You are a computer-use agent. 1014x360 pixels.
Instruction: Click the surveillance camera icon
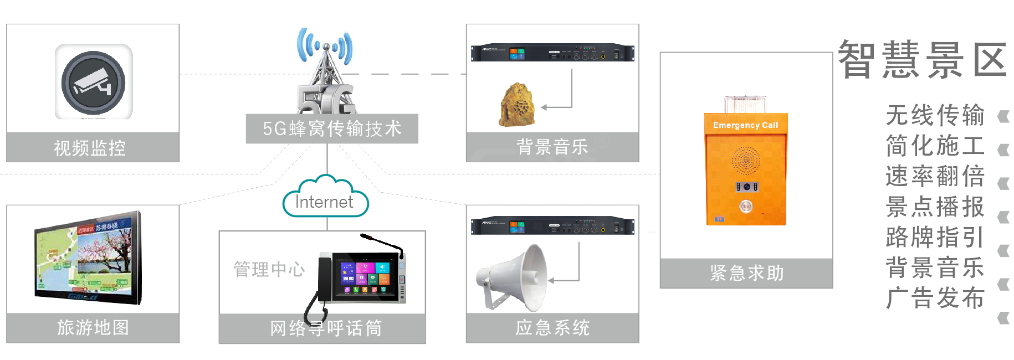(93, 82)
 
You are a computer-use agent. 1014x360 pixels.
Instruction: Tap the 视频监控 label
(90, 148)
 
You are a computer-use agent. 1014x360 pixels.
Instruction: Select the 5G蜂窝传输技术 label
(332, 128)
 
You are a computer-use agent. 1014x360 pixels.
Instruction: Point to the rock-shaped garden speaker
(518, 105)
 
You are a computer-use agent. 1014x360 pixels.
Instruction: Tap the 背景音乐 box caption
(552, 147)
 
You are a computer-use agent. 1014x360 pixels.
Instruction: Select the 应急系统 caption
(552, 328)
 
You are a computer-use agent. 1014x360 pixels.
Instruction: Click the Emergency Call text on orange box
(745, 125)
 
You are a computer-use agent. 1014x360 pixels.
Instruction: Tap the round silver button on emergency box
(746, 207)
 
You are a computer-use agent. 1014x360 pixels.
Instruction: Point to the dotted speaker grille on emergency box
(746, 161)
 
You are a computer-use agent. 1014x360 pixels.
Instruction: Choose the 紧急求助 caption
(746, 273)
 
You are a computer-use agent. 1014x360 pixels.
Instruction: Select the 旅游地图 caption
(93, 328)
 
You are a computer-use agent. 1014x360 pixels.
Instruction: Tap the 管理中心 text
(269, 269)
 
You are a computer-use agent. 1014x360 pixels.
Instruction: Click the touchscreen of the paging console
(365, 277)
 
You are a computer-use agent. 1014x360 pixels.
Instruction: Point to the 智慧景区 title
(923, 60)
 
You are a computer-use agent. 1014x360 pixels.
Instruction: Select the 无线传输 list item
(935, 115)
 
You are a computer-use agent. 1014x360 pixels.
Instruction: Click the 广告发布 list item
(935, 298)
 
